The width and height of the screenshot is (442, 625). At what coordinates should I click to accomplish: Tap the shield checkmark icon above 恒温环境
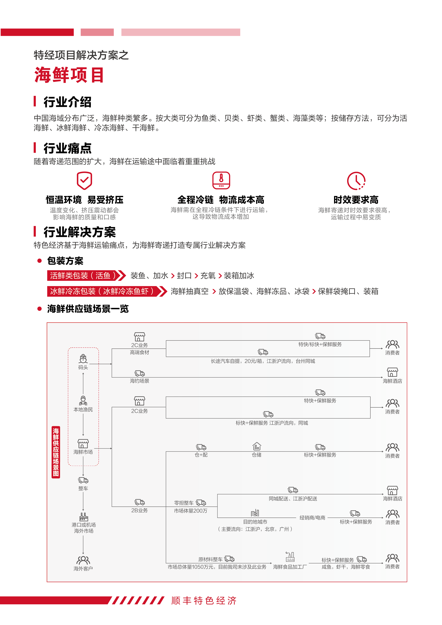click(x=84, y=180)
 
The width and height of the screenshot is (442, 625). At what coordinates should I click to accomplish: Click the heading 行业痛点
click(x=68, y=148)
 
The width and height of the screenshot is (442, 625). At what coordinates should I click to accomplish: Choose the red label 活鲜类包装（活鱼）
click(x=83, y=275)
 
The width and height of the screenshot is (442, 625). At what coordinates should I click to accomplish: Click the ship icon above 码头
click(x=83, y=358)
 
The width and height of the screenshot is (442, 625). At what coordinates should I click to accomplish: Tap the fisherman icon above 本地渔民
click(x=83, y=401)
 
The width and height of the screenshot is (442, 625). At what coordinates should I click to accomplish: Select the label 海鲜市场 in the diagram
click(x=83, y=452)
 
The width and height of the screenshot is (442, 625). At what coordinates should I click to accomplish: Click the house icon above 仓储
click(x=257, y=446)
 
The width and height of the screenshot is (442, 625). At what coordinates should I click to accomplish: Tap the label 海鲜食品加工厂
click(x=290, y=567)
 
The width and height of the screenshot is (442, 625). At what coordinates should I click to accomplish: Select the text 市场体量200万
click(x=190, y=511)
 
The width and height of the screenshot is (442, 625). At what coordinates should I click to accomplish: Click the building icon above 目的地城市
click(x=255, y=513)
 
